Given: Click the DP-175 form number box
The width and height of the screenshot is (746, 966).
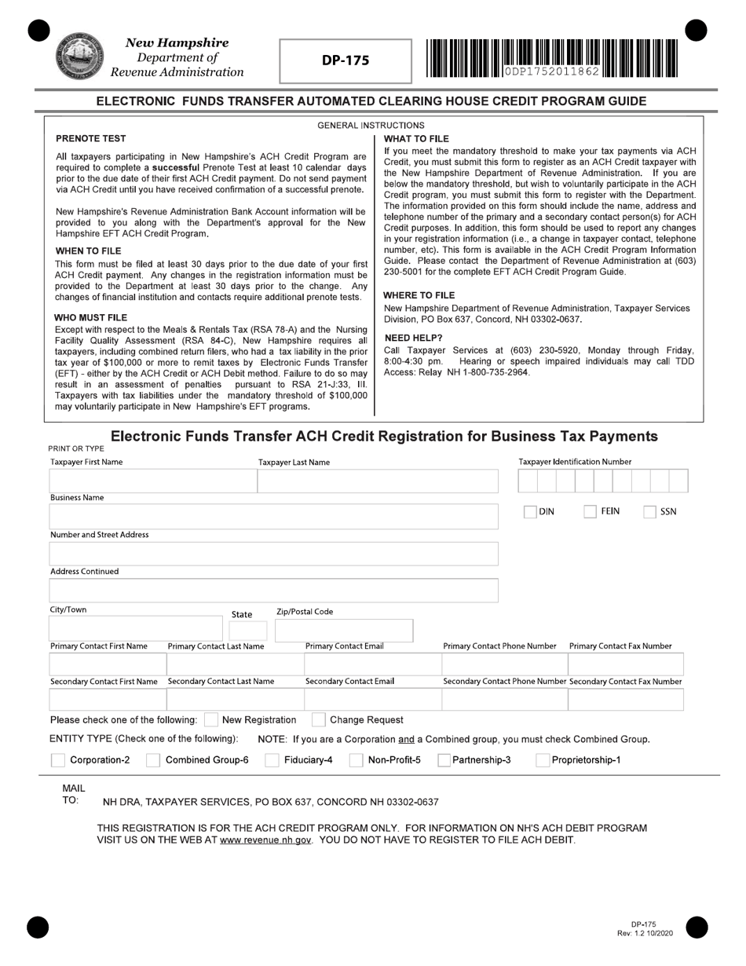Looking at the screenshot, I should (346, 60).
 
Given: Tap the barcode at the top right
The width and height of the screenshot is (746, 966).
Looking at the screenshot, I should (553, 58).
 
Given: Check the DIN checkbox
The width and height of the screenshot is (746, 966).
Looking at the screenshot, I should (531, 512).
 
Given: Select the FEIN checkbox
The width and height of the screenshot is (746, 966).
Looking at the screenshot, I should (591, 512).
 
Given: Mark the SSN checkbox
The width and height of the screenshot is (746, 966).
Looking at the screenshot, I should (650, 512).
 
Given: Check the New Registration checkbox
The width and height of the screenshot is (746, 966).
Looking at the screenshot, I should (210, 720).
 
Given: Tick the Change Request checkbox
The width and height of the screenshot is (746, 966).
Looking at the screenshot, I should (319, 720).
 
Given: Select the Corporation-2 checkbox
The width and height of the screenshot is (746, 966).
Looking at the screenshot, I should (57, 760).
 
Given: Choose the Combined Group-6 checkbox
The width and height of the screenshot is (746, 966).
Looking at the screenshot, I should (153, 760).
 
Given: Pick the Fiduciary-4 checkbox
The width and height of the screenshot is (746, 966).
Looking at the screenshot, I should (272, 760).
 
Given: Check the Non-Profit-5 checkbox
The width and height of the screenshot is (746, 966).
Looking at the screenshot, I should (356, 760).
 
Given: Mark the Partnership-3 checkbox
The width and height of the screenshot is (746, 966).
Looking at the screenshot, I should (444, 760).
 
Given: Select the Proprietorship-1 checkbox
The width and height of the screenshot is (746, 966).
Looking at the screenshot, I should (543, 760).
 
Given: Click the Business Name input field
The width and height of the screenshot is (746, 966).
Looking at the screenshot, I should (273, 516).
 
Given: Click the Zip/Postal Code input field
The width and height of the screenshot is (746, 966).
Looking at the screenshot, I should (343, 631).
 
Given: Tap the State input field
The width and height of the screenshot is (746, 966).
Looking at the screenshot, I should (247, 631).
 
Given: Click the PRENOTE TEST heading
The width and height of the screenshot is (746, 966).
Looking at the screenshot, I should (90, 138).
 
